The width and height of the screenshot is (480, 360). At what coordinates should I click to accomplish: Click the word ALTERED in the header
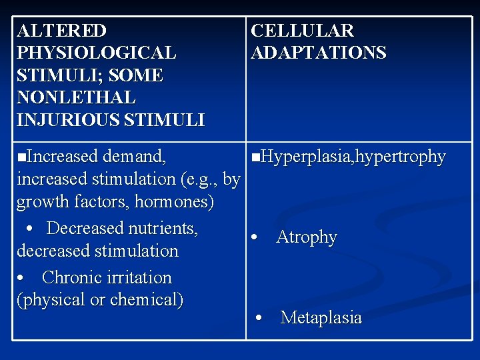click(x=61, y=31)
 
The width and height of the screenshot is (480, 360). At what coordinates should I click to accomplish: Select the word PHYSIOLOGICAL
click(x=97, y=53)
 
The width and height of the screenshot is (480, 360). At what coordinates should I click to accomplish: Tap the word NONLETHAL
click(x=76, y=98)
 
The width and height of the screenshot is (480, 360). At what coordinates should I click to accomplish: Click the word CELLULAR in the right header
click(x=302, y=31)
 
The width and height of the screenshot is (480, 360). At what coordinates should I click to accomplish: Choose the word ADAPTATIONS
click(x=318, y=53)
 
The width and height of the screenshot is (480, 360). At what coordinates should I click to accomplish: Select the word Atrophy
click(x=306, y=237)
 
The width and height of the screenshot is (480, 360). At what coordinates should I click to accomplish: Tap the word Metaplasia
click(x=321, y=318)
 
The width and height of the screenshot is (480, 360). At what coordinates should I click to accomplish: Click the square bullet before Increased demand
click(x=22, y=157)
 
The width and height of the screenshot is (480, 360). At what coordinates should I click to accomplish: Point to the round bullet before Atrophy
click(x=254, y=238)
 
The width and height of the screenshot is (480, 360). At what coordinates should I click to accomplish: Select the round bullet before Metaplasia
click(x=259, y=318)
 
